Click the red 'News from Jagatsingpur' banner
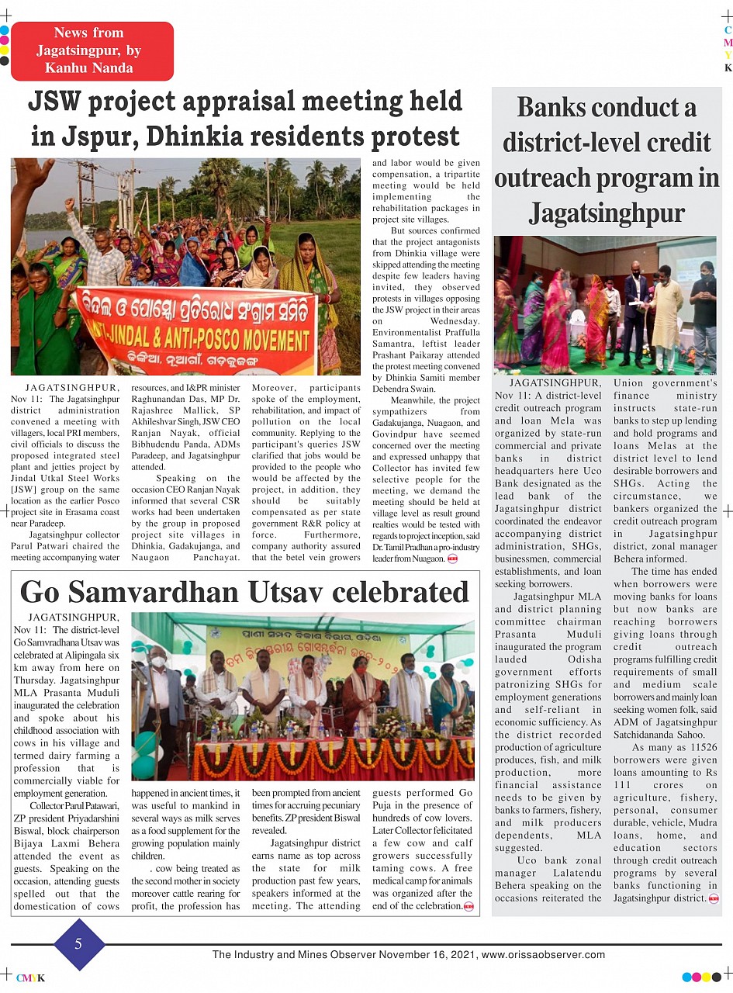tap(92, 50)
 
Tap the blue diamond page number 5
tap(78, 943)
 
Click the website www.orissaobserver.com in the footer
tap(543, 954)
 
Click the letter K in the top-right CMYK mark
tap(728, 68)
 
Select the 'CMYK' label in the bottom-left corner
tap(30, 978)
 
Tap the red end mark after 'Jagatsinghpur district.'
tap(713, 898)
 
